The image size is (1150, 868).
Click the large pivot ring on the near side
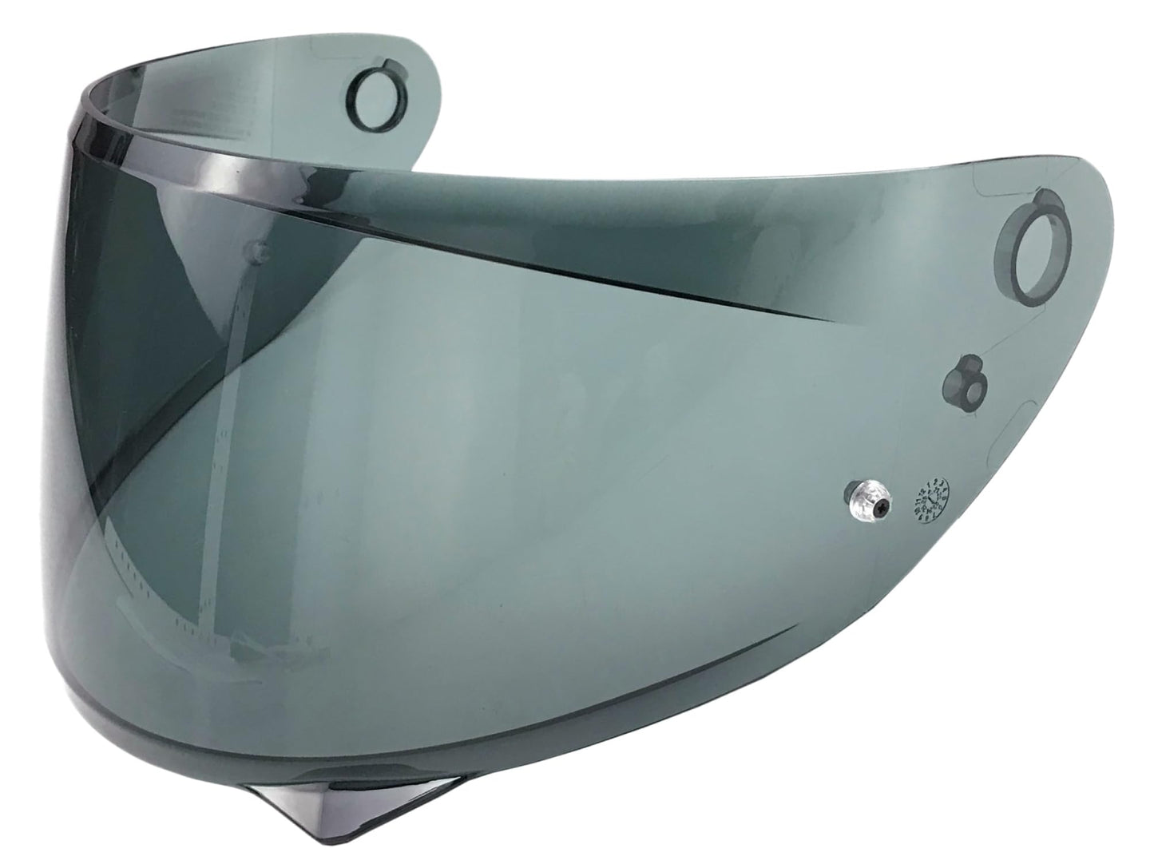(x=1036, y=244)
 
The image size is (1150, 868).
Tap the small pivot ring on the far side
(x=373, y=83)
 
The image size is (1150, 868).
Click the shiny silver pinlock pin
(x=866, y=501)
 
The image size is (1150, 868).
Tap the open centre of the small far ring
(x=373, y=84)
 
